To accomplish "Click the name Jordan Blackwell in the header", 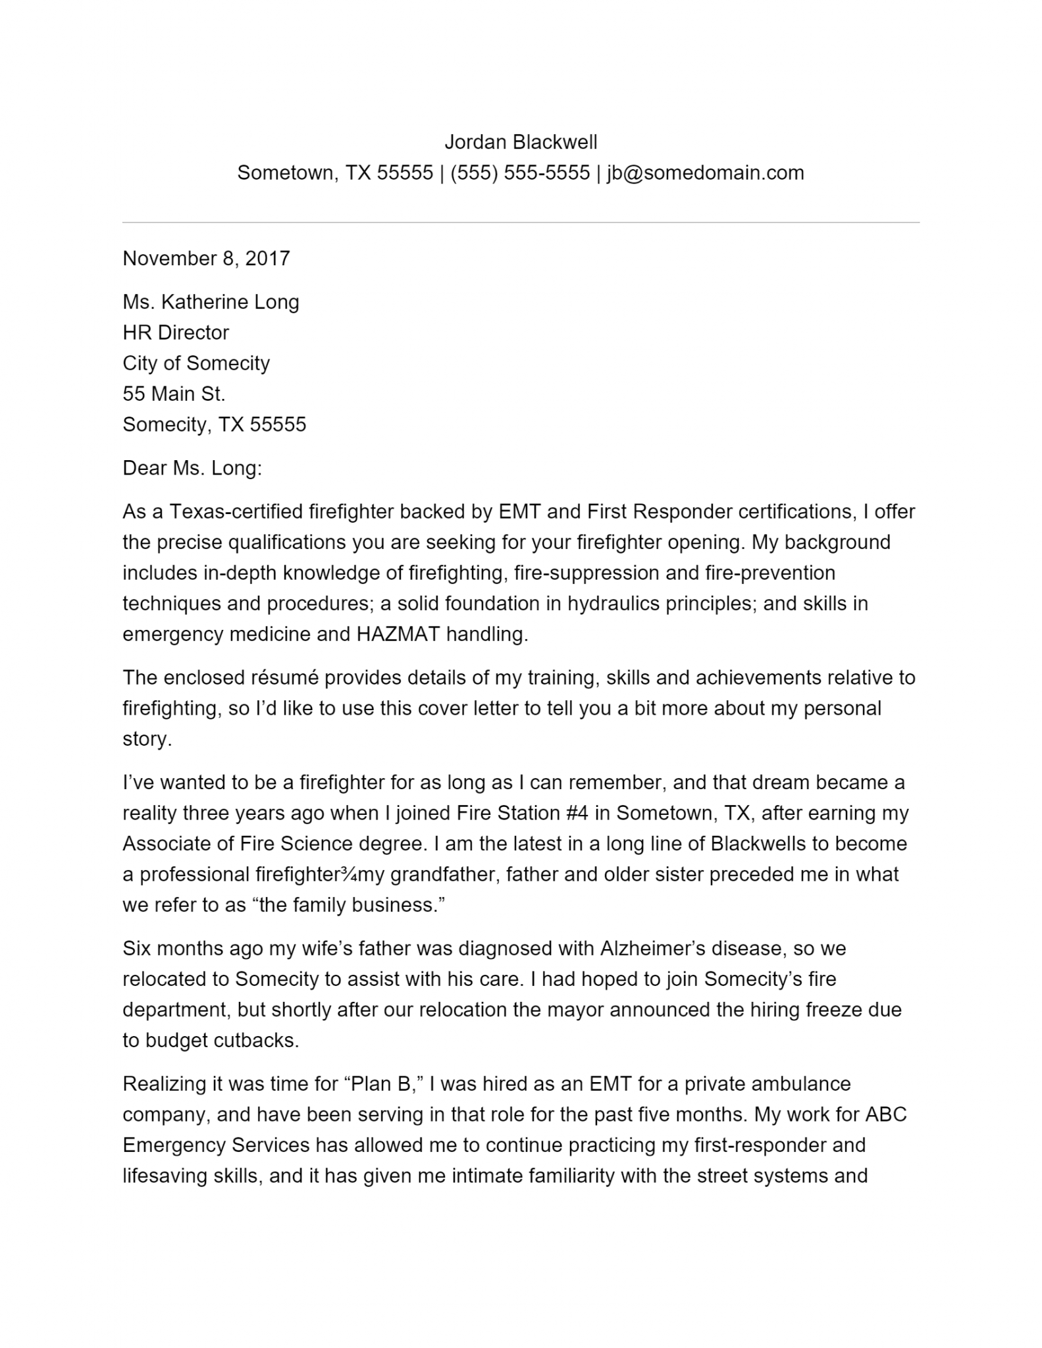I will coord(521,142).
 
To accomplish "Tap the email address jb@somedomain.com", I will coord(705,173).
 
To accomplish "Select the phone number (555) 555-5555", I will coord(520,173).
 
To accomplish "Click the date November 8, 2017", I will coord(206,258).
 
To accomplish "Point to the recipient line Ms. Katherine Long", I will coord(211,302).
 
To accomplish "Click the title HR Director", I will coord(176,333).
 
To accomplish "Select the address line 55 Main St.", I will coord(174,394).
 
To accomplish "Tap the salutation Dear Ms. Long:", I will coord(192,469).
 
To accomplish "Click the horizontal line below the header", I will coord(521,222).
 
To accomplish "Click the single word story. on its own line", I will coord(147,739).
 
